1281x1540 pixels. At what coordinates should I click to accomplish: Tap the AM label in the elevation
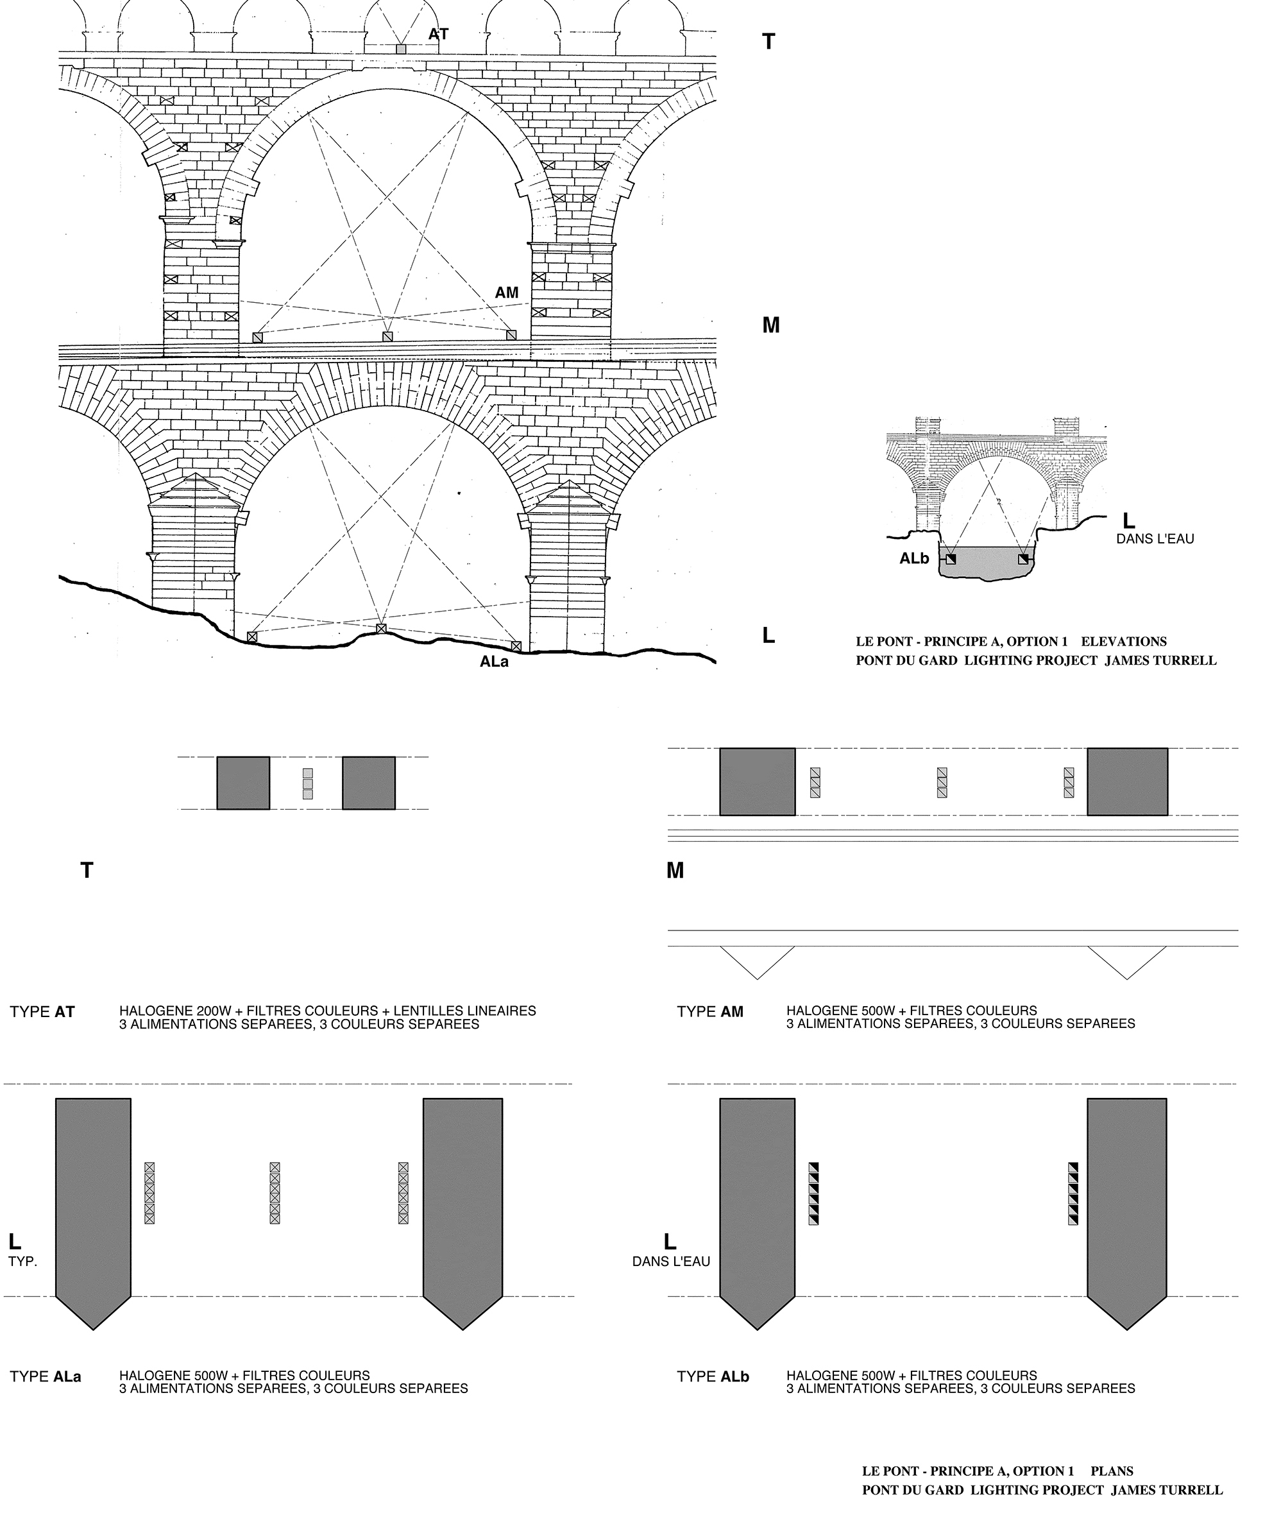tap(506, 293)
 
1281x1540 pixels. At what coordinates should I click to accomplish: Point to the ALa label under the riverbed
tap(493, 662)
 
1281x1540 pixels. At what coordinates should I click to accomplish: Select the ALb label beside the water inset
tap(914, 559)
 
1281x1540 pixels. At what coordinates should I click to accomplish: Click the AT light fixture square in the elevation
tap(400, 48)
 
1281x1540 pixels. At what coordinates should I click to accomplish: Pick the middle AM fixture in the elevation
tap(387, 337)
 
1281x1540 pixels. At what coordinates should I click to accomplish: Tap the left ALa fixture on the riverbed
tap(252, 637)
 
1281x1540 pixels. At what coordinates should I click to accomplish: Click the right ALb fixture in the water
tap(1024, 560)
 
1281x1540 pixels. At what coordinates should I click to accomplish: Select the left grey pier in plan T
tap(242, 783)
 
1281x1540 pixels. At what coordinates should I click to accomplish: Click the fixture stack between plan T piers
tap(308, 783)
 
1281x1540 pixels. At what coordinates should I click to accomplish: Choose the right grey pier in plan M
tap(1127, 781)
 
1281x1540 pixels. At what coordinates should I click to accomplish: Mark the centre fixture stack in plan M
tap(942, 782)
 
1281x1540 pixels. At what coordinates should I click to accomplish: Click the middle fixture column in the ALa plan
tap(275, 1193)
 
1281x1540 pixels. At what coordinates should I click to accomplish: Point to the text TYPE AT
tap(42, 1012)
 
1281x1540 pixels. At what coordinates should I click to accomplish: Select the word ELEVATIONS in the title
tap(1123, 642)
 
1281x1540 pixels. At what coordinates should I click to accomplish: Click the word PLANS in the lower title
tap(1112, 1471)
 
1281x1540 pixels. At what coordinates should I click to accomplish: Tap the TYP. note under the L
tap(22, 1262)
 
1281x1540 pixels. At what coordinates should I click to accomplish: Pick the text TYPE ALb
tap(713, 1376)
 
